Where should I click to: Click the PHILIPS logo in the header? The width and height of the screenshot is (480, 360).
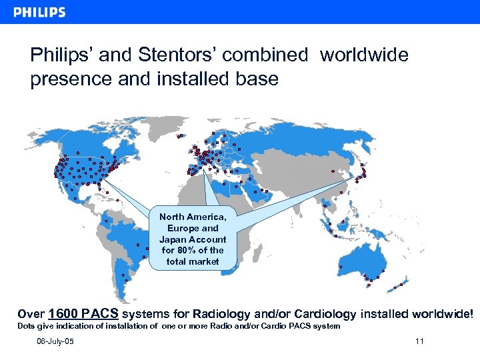39,12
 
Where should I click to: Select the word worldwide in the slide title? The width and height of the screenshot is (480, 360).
364,55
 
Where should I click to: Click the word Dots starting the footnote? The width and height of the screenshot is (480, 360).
26,326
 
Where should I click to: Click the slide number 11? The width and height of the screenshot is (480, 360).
419,342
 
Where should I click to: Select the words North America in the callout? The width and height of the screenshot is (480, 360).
193,217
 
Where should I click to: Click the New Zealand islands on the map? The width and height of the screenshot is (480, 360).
400,285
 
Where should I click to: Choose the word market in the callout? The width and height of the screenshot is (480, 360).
203,261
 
